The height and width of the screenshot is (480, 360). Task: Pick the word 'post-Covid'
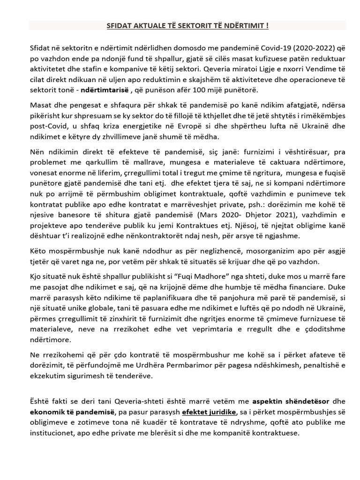46,127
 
